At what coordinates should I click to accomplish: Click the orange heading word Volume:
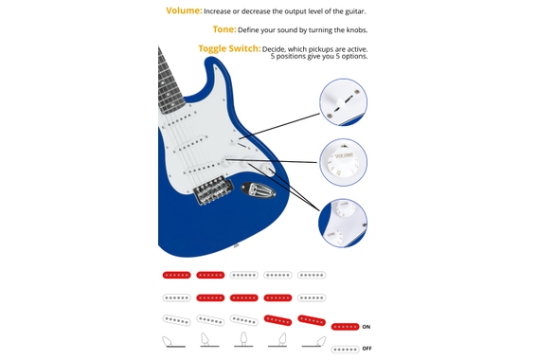tap(184, 10)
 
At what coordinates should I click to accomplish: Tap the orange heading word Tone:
tap(224, 29)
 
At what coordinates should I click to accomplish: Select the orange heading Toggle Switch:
tap(227, 48)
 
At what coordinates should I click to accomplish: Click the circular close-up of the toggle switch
tap(343, 102)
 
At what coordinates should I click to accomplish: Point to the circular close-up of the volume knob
tap(343, 162)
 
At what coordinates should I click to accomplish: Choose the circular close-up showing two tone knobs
tap(343, 224)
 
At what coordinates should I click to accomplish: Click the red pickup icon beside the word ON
tap(345, 327)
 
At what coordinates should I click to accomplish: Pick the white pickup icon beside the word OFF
tap(345, 349)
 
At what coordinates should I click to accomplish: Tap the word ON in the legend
tap(367, 327)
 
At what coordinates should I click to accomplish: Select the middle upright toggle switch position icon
tap(244, 338)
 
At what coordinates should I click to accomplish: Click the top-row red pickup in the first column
tap(176, 276)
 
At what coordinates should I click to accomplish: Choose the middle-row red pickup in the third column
tap(244, 297)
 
